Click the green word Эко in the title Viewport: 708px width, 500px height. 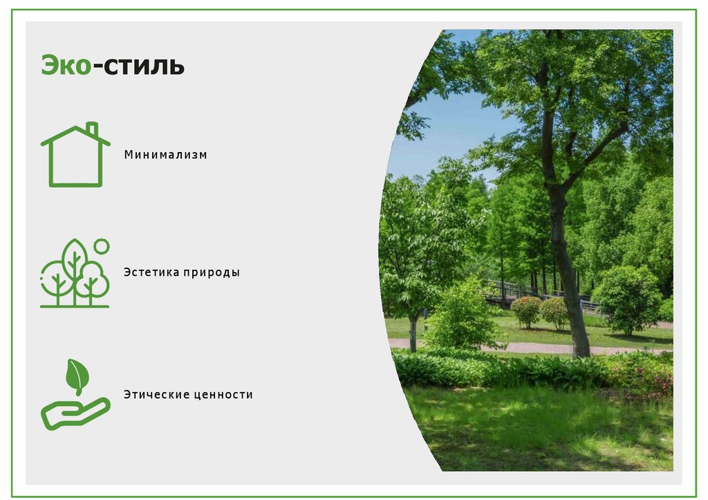pos(66,66)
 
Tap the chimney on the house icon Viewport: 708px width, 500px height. pos(92,129)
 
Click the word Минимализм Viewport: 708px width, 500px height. pos(165,155)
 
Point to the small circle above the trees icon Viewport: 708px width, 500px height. pos(102,246)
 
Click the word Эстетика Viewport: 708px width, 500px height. pos(151,272)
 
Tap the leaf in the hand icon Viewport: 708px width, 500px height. pos(77,376)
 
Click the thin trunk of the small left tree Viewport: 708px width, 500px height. pos(413,333)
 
